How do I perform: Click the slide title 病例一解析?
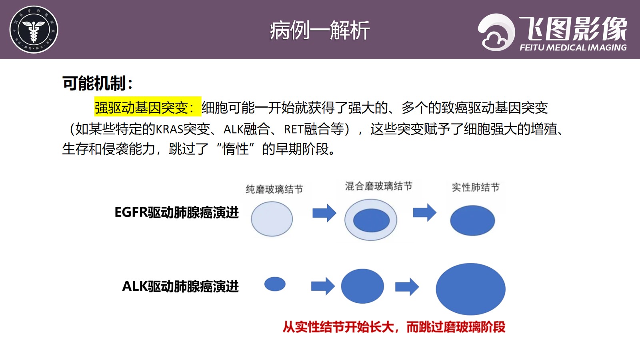320,30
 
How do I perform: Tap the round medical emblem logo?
34,30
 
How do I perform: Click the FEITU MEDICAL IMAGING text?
573,48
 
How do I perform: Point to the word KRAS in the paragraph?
170,130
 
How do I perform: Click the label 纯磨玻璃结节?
274,189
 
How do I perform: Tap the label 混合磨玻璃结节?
378,186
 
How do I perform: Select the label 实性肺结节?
476,188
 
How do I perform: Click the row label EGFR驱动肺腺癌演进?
176,212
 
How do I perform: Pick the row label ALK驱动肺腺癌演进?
180,286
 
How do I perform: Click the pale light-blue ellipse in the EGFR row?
272,219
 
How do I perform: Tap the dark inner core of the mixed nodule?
371,220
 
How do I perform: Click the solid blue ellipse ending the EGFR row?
472,220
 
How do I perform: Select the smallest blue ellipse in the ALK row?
275,284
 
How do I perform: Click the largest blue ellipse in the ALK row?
470,289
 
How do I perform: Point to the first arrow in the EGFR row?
324,213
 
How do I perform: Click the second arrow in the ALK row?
407,286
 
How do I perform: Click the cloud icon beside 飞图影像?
496,32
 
